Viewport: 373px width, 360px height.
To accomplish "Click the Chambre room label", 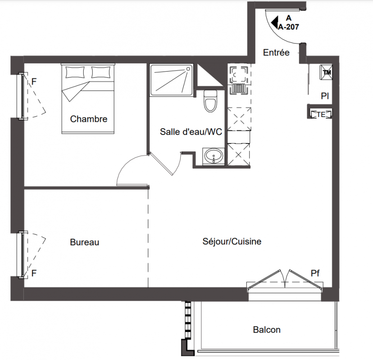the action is (89, 119).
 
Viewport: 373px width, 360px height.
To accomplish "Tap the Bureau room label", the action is (84, 242).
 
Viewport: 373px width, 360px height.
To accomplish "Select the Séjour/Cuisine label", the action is (232, 242).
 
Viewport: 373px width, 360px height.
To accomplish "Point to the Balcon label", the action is (267, 329).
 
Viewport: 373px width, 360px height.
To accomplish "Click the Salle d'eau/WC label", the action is (191, 132).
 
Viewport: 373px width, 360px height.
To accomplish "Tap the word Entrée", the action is (276, 53).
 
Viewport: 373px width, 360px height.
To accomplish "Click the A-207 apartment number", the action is (289, 27).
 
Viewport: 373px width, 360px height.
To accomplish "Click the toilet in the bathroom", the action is (210, 101).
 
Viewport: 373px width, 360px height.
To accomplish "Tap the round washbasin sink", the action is (214, 156).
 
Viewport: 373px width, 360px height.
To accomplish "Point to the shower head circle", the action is (188, 69).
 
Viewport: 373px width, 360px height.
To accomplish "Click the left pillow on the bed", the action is (75, 72).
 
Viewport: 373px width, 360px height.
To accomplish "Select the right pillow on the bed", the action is (100, 72).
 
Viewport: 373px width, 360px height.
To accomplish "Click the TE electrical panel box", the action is (321, 114).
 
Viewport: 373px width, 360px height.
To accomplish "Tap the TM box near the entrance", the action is (326, 72).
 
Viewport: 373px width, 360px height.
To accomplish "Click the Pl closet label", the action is (325, 96).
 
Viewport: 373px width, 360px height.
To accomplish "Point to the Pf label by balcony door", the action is (315, 273).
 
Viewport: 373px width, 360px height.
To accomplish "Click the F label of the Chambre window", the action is (34, 81).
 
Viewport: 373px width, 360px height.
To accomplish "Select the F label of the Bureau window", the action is (34, 273).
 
